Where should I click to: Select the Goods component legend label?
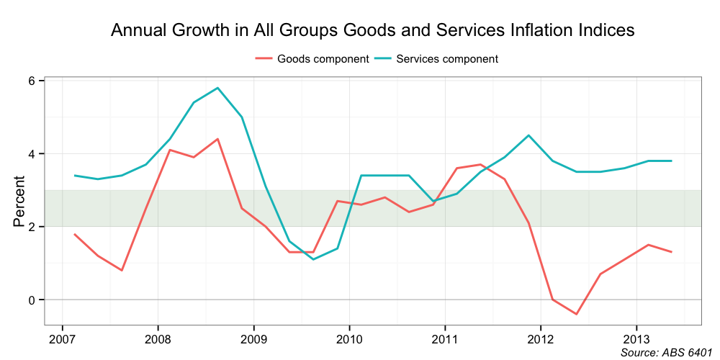pos(323,59)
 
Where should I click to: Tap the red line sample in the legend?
pos(264,59)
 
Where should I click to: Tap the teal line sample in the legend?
pos(382,59)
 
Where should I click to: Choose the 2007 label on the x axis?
pos(62,338)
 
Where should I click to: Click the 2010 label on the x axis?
pos(349,338)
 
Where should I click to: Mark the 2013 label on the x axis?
pos(636,338)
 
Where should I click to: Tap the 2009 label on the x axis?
pos(253,338)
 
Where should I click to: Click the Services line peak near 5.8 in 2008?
pos(217,88)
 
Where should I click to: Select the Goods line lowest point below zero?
pos(576,314)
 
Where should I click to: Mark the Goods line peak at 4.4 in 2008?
pos(217,139)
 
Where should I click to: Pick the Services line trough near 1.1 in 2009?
pos(313,259)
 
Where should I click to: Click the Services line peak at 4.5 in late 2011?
pos(528,135)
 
